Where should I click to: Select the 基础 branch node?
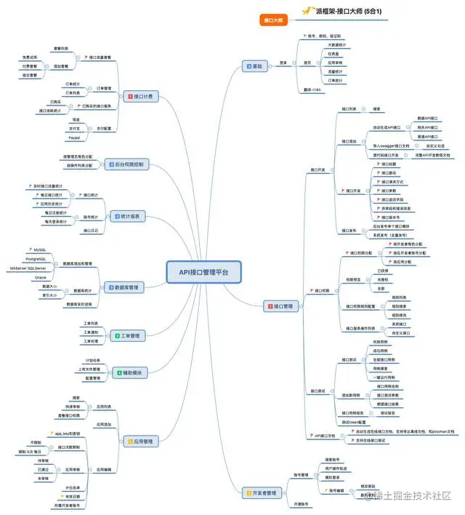[x=256, y=66]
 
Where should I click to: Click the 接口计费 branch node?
[x=141, y=96]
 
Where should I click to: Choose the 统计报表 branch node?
[x=129, y=216]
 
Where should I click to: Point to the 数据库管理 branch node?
[x=126, y=287]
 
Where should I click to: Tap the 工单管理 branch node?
[x=128, y=335]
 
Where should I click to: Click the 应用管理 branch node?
[x=140, y=441]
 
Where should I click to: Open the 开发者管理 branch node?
[x=259, y=492]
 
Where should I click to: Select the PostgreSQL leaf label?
[x=36, y=259]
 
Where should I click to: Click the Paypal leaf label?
[x=74, y=137]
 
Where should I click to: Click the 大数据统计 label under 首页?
[x=335, y=45]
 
